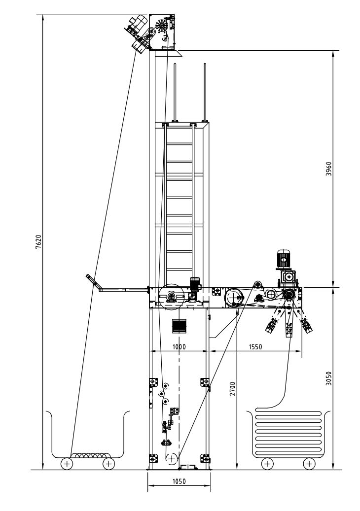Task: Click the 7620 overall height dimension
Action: click(38, 242)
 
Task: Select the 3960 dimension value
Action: click(329, 169)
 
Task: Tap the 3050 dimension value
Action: click(329, 378)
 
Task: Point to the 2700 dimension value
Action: click(232, 389)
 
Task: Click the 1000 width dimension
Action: click(179, 347)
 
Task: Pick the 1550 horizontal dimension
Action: click(255, 347)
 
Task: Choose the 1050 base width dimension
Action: click(179, 481)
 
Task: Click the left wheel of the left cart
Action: click(67, 463)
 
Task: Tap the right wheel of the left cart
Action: click(108, 463)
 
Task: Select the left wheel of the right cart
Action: click(267, 463)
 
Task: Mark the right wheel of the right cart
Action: click(309, 463)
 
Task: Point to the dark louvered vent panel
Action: click(179, 326)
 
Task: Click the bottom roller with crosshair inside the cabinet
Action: click(172, 459)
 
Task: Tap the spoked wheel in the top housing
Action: click(161, 26)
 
